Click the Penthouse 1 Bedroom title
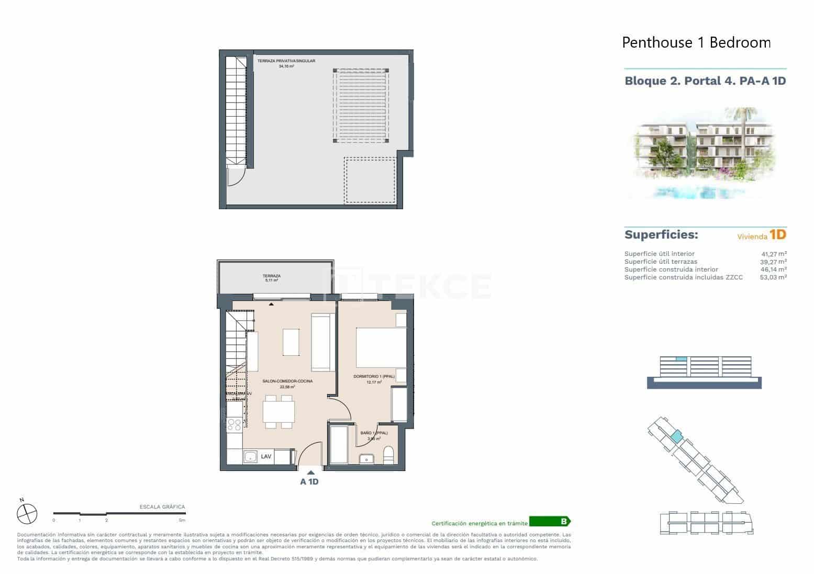[696, 42]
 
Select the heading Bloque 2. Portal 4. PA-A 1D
[705, 81]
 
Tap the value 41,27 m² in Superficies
[773, 254]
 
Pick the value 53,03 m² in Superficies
[773, 277]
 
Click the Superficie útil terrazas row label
[660, 262]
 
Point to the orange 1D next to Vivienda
[778, 235]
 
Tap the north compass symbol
[27, 513]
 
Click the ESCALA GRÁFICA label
[162, 507]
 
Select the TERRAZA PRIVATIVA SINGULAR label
[286, 61]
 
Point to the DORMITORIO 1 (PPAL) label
[374, 377]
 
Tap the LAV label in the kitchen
[266, 456]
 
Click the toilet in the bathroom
[388, 455]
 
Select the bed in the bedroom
[381, 347]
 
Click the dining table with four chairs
[278, 412]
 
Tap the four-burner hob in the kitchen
[235, 424]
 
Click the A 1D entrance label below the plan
[309, 481]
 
